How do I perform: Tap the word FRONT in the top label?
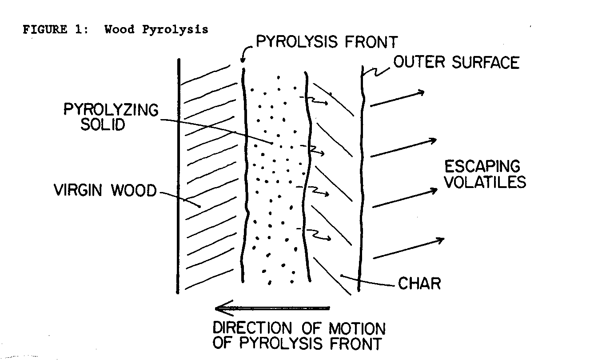[x=371, y=43]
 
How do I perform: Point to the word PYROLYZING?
[x=111, y=109]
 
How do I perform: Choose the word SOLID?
[x=102, y=125]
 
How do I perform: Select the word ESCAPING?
[x=482, y=167]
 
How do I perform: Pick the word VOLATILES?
[x=485, y=182]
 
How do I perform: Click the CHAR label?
[x=419, y=283]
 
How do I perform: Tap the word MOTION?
[x=357, y=329]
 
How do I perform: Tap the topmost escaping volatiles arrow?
[x=397, y=98]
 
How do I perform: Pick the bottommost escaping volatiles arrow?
[x=408, y=248]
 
